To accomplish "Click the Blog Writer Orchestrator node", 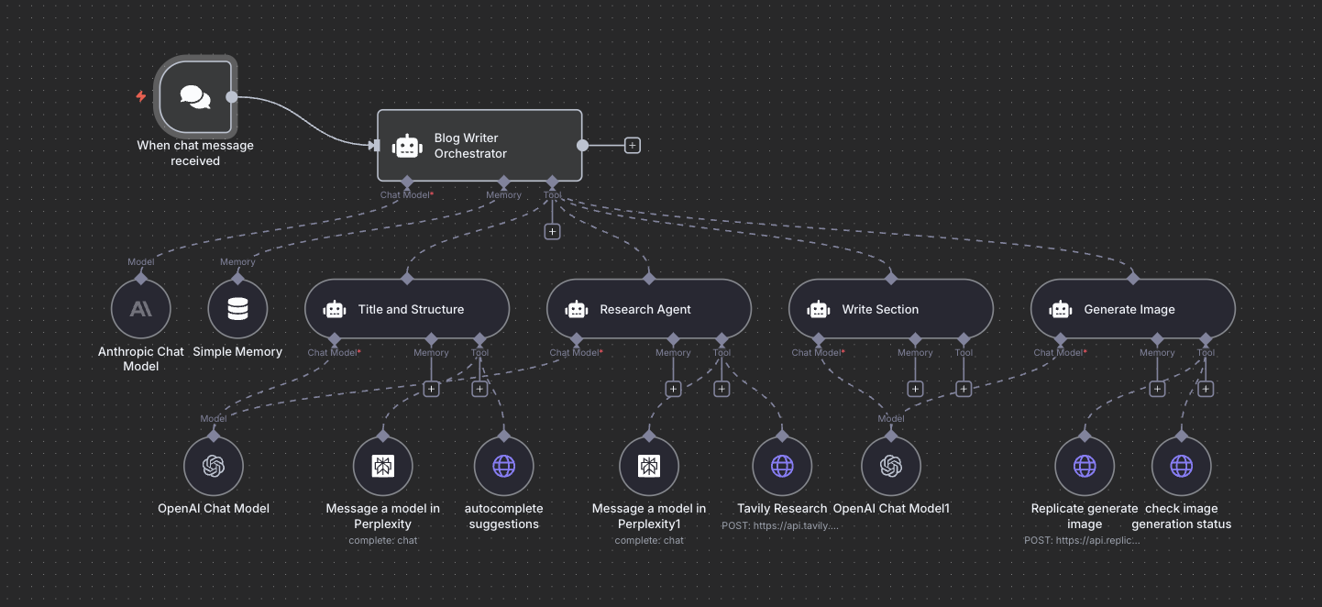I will pyautogui.click(x=479, y=146).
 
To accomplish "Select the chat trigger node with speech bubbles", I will pyautogui.click(x=195, y=96).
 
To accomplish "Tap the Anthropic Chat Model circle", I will pyautogui.click(x=140, y=309).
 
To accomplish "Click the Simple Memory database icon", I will pyautogui.click(x=237, y=309).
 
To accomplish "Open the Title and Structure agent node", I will pyautogui.click(x=406, y=309).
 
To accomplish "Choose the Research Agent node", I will pyautogui.click(x=648, y=309).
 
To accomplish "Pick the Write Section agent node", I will pyautogui.click(x=890, y=309).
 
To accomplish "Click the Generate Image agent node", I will pyautogui.click(x=1132, y=309).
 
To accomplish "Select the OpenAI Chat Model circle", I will pyautogui.click(x=214, y=466).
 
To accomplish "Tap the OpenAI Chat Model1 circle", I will pyautogui.click(x=891, y=466).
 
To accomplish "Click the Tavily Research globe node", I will pyautogui.click(x=782, y=466).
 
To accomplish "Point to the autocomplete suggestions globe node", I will pyautogui.click(x=503, y=466).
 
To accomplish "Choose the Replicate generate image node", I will pyautogui.click(x=1085, y=466).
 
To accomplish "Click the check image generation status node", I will pyautogui.click(x=1182, y=466).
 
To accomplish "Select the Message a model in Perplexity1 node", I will pyautogui.click(x=649, y=466).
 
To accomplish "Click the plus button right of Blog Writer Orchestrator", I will pyautogui.click(x=633, y=145).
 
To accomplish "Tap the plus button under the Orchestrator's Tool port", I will pyautogui.click(x=552, y=231).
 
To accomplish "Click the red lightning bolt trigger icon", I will pyautogui.click(x=141, y=96).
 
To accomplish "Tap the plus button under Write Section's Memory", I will pyautogui.click(x=915, y=389).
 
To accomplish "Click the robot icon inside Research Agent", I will pyautogui.click(x=577, y=310).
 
